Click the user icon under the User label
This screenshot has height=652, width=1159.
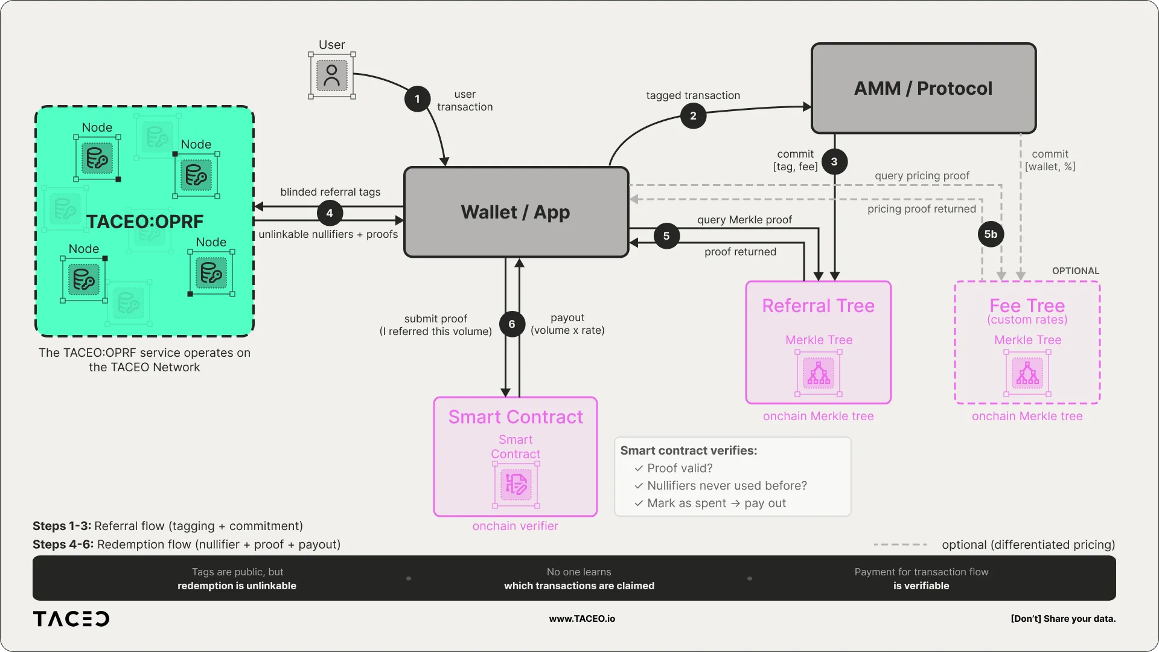coord(331,75)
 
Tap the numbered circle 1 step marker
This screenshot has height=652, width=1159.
coord(417,99)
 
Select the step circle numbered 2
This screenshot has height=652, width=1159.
coord(693,116)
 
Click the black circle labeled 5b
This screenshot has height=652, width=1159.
coord(991,234)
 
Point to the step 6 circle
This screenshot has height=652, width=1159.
coord(512,324)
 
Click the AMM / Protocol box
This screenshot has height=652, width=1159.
coord(923,89)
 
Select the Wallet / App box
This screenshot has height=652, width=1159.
coord(516,213)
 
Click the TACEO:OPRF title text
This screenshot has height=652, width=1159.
coord(145,222)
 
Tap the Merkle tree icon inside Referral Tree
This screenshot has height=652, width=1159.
coord(819,374)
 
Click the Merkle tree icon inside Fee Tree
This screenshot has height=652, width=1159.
coord(1027,374)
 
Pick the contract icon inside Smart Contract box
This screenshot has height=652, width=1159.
coord(516,485)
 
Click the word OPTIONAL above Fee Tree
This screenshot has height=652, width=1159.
coord(1075,271)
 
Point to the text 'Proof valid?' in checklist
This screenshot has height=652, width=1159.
coord(680,468)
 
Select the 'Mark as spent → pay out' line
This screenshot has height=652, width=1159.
coord(716,503)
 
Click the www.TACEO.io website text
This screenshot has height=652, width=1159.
coord(582,619)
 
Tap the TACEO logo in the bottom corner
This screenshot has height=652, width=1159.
coord(71,619)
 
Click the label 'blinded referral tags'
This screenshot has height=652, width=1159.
coord(330,192)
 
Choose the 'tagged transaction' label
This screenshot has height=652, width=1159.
coord(693,95)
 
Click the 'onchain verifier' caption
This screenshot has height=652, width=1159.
coord(515,526)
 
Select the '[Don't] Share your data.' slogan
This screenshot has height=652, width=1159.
coord(1063,619)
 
